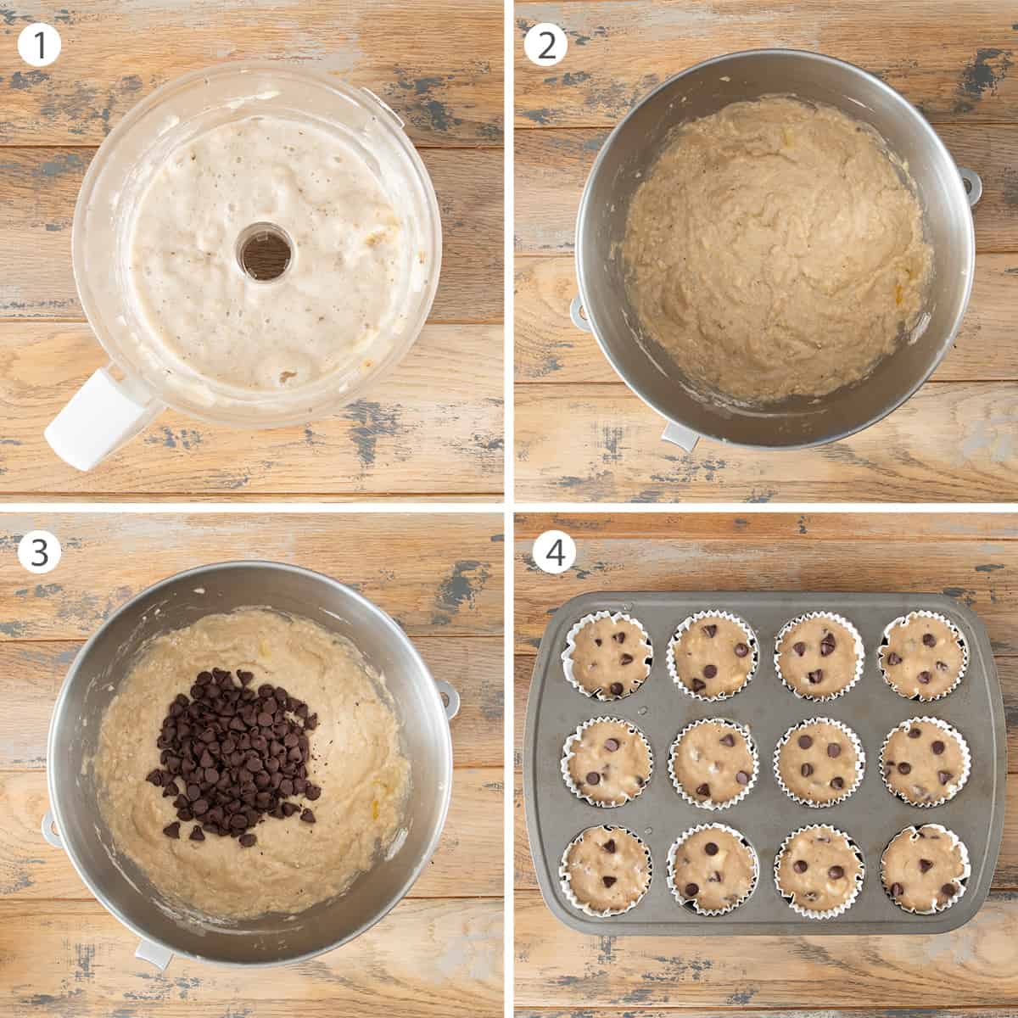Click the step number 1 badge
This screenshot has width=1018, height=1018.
pos(39,45)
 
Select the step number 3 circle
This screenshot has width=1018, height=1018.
pos(39,552)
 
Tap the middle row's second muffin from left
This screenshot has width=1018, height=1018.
pos(713,762)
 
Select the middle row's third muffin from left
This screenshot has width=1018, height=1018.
pos(819,762)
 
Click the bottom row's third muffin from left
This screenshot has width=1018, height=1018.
pos(819,869)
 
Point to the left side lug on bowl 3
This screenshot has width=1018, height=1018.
pos(52,828)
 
